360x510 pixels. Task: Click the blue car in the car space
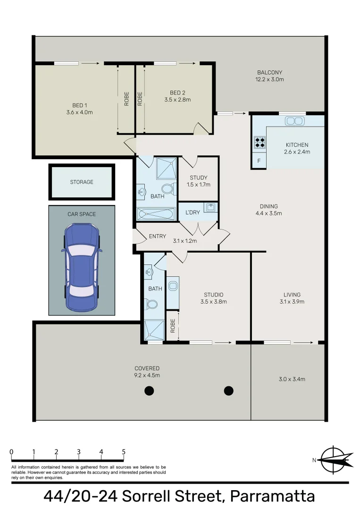pyautogui.click(x=82, y=267)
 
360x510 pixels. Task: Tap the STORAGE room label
pyautogui.click(x=82, y=182)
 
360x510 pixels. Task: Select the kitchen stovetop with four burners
pyautogui.click(x=260, y=142)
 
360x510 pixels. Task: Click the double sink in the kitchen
pyautogui.click(x=295, y=121)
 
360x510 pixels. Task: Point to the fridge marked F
pyautogui.click(x=259, y=161)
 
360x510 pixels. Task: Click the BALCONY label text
pyautogui.click(x=270, y=73)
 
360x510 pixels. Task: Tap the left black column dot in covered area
pyautogui.click(x=149, y=391)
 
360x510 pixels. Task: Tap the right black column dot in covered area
pyautogui.click(x=229, y=391)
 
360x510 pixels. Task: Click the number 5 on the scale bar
pyautogui.click(x=124, y=452)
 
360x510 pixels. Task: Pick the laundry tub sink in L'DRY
pyautogui.click(x=210, y=207)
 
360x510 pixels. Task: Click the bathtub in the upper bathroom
pyautogui.click(x=156, y=214)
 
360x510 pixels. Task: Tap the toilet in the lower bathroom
pyautogui.click(x=151, y=305)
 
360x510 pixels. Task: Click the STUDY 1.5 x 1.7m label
pyautogui.click(x=199, y=181)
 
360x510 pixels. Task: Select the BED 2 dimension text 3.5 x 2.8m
pyautogui.click(x=177, y=100)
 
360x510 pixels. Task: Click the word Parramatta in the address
pyautogui.click(x=273, y=496)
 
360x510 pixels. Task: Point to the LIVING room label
pyautogui.click(x=292, y=295)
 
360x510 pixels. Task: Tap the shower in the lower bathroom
pyautogui.click(x=154, y=330)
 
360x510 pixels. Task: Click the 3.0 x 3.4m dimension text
pyautogui.click(x=292, y=379)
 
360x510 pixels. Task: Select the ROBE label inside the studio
pyautogui.click(x=173, y=325)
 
